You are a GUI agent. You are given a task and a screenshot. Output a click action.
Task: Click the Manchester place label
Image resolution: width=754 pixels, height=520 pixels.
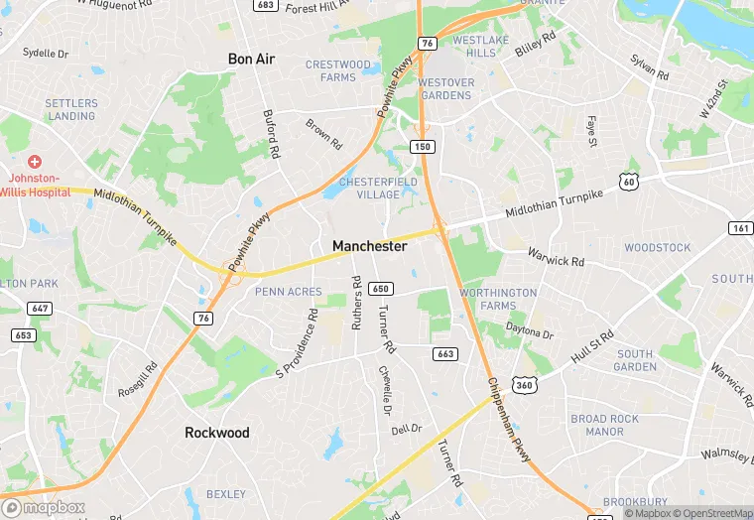coord(369,246)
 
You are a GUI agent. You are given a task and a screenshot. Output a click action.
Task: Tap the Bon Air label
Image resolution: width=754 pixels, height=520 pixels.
coord(251,60)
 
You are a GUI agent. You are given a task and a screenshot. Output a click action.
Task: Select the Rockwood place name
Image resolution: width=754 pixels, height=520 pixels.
coord(217,433)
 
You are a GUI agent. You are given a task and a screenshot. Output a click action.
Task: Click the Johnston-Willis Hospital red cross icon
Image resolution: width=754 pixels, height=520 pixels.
coord(35,162)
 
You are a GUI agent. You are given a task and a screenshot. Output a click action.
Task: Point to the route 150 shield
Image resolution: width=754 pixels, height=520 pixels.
coord(424,147)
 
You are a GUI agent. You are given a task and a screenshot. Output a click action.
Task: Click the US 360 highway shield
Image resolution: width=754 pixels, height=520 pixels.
coord(524,384)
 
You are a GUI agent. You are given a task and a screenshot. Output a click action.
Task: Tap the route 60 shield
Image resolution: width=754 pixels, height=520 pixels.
coord(627,181)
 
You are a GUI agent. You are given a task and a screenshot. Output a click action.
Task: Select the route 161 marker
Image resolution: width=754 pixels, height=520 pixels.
coord(740,228)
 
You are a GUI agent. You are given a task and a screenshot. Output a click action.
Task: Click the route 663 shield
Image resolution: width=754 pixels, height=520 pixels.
coord(444,353)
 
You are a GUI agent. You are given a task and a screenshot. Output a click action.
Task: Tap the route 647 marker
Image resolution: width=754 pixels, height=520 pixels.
coord(41,309)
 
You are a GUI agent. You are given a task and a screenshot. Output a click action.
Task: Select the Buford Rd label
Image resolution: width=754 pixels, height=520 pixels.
coord(268,134)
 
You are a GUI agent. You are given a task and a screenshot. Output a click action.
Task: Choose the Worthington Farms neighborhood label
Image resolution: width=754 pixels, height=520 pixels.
coord(499,300)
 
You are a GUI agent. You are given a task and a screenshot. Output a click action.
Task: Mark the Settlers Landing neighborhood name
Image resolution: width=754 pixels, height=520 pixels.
coord(72,110)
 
